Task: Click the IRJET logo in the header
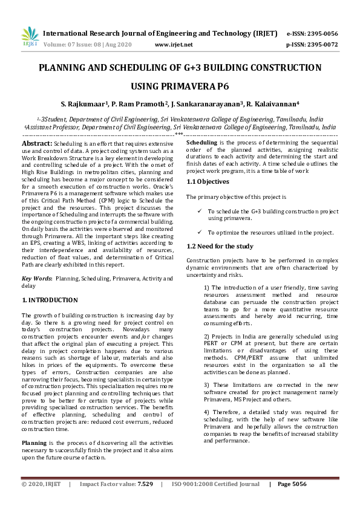30,38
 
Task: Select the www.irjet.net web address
174,45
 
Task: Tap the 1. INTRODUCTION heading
50,300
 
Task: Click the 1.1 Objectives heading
208,181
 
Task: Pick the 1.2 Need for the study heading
220,246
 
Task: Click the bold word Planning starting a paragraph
36,443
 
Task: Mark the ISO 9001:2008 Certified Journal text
215,484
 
